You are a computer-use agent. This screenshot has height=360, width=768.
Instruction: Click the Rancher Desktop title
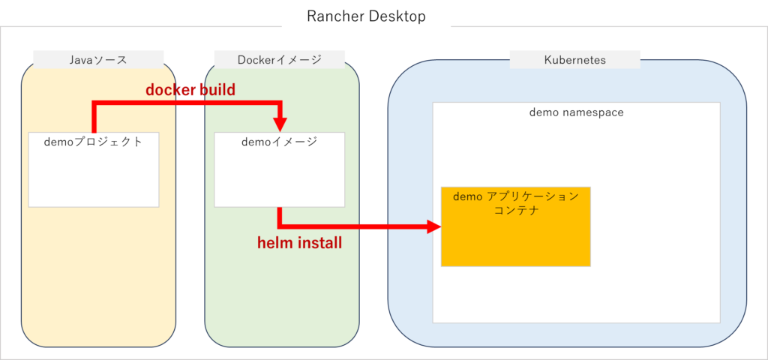(366, 16)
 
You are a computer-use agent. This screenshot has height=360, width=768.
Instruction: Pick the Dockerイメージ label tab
(279, 59)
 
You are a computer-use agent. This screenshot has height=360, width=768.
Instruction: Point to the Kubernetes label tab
(574, 59)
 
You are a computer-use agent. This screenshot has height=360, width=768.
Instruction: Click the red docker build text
(190, 90)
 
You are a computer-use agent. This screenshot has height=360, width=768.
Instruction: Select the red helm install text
(299, 243)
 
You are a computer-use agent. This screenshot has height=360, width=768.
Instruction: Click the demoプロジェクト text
(93, 141)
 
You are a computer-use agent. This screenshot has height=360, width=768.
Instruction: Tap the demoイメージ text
(279, 141)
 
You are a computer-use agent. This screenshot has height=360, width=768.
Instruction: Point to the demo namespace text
(576, 112)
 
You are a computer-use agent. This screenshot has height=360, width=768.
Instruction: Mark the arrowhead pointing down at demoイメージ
(279, 121)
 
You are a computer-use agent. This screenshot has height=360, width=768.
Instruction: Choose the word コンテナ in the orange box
(515, 211)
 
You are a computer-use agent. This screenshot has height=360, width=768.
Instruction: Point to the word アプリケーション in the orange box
(532, 196)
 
